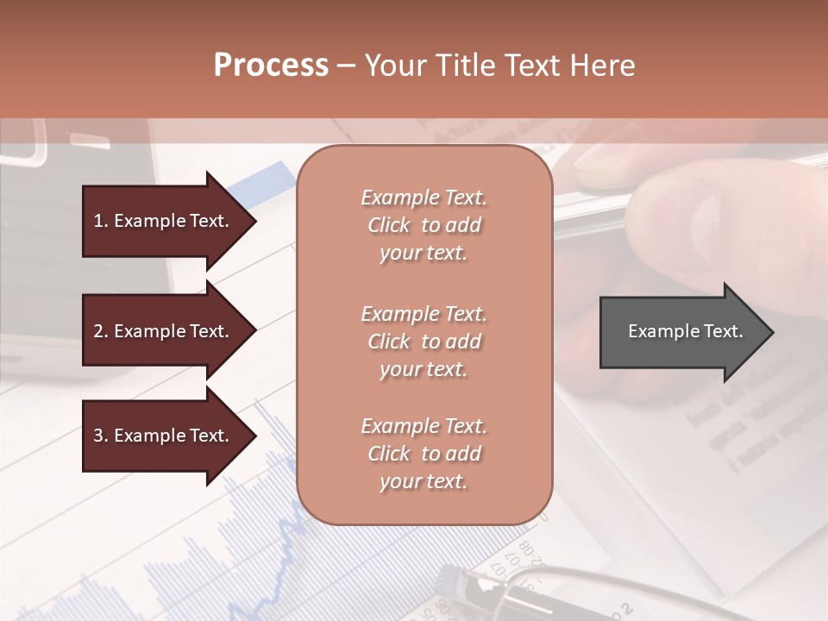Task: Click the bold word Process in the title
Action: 271,66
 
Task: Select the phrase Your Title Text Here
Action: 499,66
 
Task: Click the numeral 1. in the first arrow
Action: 101,221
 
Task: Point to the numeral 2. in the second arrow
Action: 101,331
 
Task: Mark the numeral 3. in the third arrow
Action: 101,436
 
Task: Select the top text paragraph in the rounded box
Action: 423,225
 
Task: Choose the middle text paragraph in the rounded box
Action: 423,342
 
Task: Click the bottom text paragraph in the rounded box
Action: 423,454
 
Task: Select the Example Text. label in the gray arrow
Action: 685,331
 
